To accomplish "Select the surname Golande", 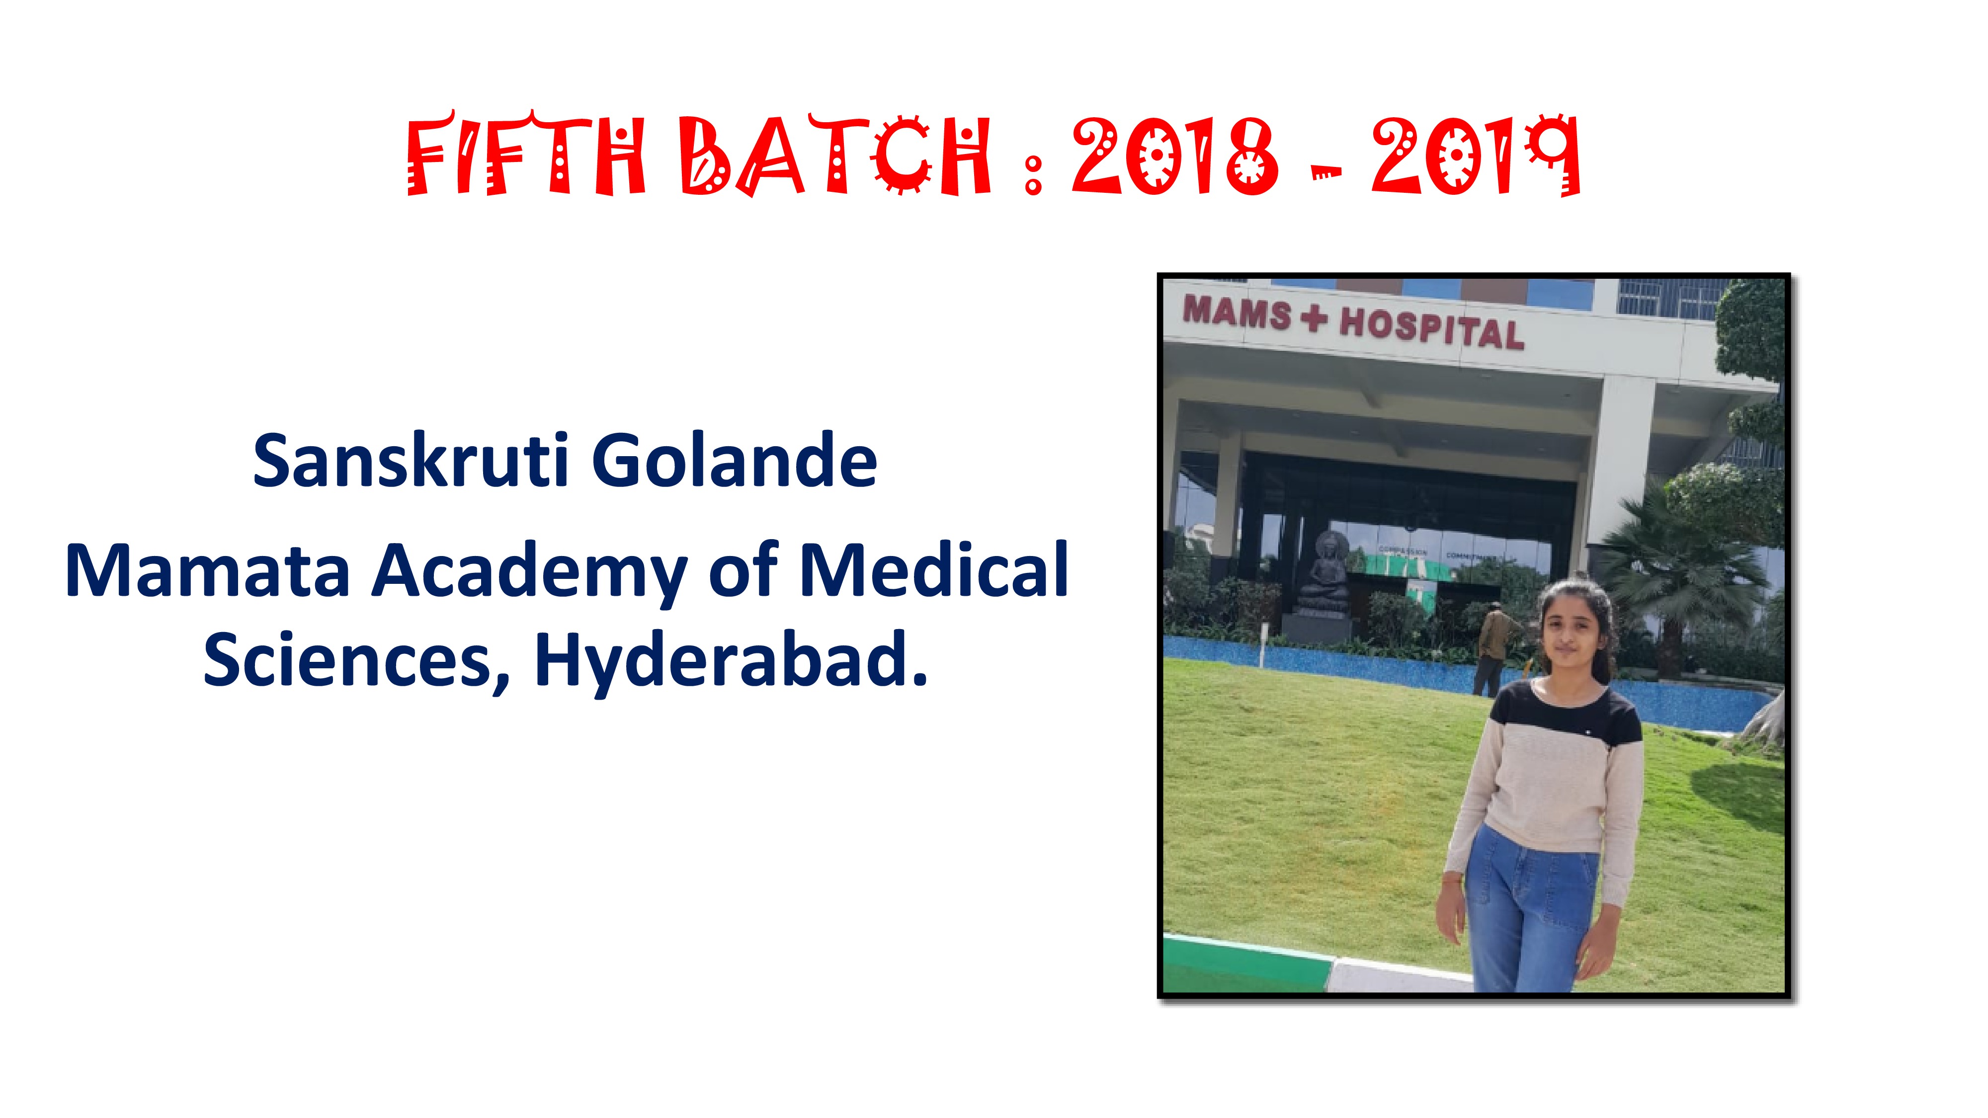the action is tap(735, 462).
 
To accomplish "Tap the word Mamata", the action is tap(208, 570).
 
